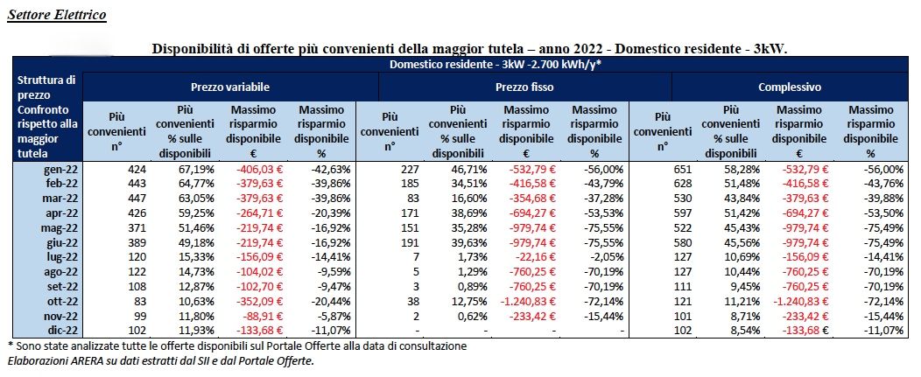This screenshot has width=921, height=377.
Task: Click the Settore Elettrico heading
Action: pyautogui.click(x=56, y=14)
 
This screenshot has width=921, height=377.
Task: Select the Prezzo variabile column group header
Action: pyautogui.click(x=230, y=87)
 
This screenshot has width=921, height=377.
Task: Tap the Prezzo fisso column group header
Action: pyautogui.click(x=524, y=87)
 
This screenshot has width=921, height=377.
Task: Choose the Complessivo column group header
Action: pyautogui.click(x=790, y=87)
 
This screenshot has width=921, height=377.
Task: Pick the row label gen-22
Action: pyautogui.click(x=61, y=170)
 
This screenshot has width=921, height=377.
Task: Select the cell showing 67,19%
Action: pyautogui.click(x=195, y=170)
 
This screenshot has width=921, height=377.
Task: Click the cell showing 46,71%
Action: pyautogui.click(x=468, y=170)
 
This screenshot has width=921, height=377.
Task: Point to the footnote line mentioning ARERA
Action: pyautogui.click(x=160, y=361)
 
